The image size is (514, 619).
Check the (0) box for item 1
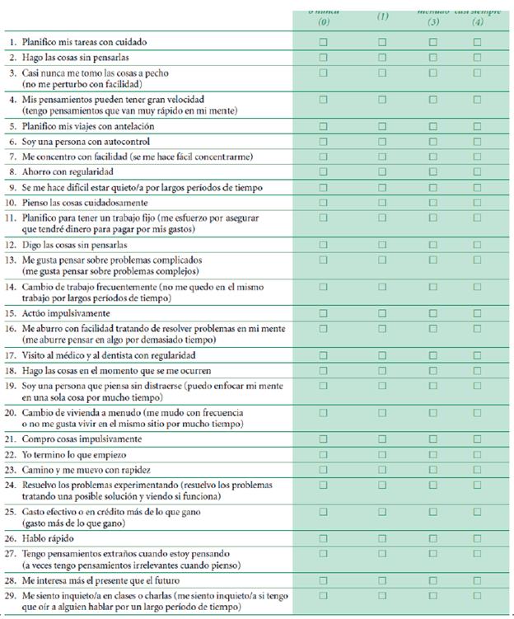pyautogui.click(x=324, y=41)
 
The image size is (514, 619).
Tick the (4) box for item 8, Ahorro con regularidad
pyautogui.click(x=477, y=172)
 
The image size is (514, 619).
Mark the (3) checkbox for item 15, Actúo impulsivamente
pyautogui.click(x=433, y=313)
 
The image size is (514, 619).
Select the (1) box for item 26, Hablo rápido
pyautogui.click(x=382, y=539)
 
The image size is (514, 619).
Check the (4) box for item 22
pyautogui.click(x=477, y=454)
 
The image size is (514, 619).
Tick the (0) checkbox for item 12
pyautogui.click(x=324, y=245)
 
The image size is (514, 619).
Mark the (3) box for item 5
pyautogui.click(x=433, y=126)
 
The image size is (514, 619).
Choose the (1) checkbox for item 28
pyautogui.click(x=382, y=580)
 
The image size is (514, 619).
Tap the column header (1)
pyautogui.click(x=382, y=16)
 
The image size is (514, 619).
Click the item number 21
pyautogui.click(x=12, y=439)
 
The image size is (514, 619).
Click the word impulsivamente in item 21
pyautogui.click(x=105, y=439)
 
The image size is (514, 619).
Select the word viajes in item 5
pyautogui.click(x=76, y=127)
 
